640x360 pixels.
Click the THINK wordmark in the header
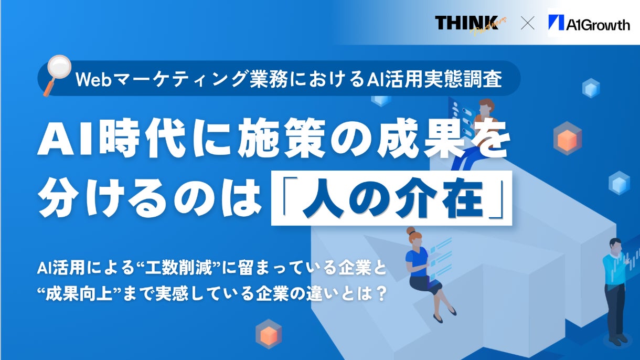click(466, 23)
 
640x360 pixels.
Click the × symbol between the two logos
click(527, 23)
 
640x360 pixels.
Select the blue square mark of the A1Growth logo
click(556, 22)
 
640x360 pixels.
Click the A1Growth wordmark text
click(598, 25)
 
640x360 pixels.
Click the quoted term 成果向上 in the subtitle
click(79, 293)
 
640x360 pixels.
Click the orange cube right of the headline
click(568, 139)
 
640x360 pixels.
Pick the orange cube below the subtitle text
click(269, 334)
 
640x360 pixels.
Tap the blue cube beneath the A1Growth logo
click(591, 88)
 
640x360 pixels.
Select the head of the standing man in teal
click(615, 246)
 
